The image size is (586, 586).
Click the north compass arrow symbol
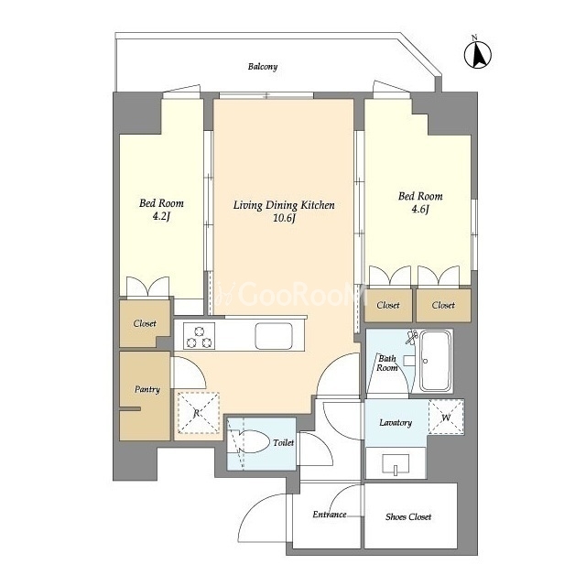pyautogui.click(x=478, y=54)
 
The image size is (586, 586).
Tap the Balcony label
pyautogui.click(x=263, y=67)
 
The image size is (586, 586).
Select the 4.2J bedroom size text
pyautogui.click(x=161, y=216)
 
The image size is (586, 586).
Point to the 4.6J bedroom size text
pyautogui.click(x=420, y=209)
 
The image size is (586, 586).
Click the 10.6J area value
pyautogui.click(x=284, y=218)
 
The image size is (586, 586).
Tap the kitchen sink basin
pyautogui.click(x=274, y=336)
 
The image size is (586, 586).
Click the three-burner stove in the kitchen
pyautogui.click(x=200, y=336)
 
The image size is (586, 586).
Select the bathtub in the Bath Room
pyautogui.click(x=435, y=360)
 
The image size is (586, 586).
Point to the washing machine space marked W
pyautogui.click(x=446, y=418)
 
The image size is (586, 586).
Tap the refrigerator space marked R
pyautogui.click(x=198, y=413)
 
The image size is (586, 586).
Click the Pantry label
pyautogui.click(x=147, y=389)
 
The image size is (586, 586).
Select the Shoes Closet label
pyautogui.click(x=408, y=516)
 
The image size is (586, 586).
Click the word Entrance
pyautogui.click(x=330, y=515)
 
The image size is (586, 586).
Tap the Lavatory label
pyautogui.click(x=396, y=423)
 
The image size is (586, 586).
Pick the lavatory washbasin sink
pyautogui.click(x=396, y=464)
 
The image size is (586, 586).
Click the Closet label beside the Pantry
pyautogui.click(x=145, y=323)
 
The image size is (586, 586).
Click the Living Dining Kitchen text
pyautogui.click(x=284, y=205)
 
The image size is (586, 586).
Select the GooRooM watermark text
pyautogui.click(x=292, y=295)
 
